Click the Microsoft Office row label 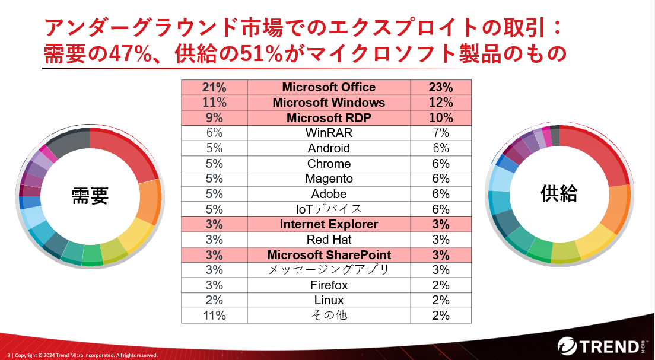329,87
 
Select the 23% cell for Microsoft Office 440,87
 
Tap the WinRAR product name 329,133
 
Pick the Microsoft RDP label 329,118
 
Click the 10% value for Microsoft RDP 440,118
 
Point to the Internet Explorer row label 329,225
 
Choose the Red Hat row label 329,240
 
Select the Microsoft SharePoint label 329,255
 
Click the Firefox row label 329,285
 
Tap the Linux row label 329,301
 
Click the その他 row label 329,316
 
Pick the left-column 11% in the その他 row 214,316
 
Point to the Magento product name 329,179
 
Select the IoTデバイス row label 329,209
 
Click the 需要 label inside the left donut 90,196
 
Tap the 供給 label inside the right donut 558,192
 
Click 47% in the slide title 125,54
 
